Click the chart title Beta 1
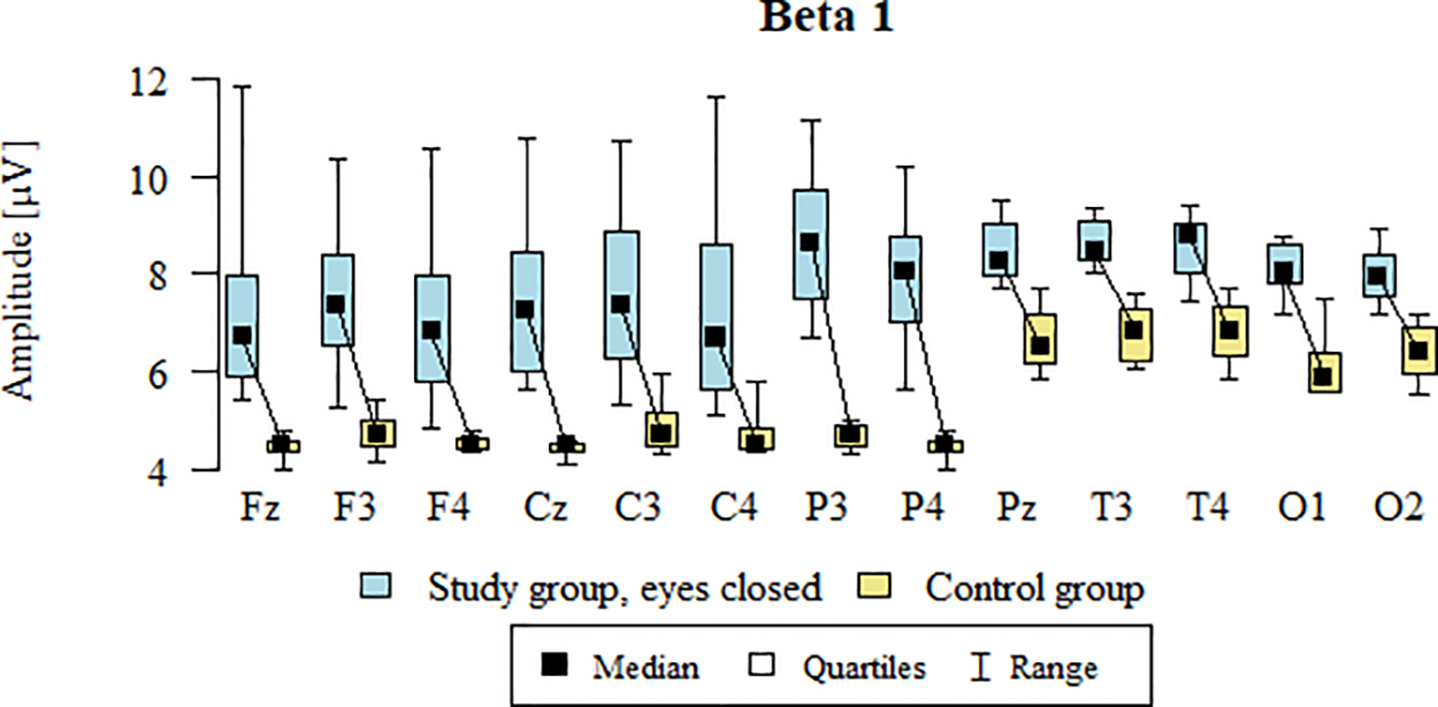point(825,18)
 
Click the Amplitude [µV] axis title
point(20,272)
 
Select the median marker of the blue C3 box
point(620,304)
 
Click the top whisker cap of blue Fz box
point(242,86)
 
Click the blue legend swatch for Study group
point(376,587)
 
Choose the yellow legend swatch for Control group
point(876,587)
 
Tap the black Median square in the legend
point(556,667)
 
